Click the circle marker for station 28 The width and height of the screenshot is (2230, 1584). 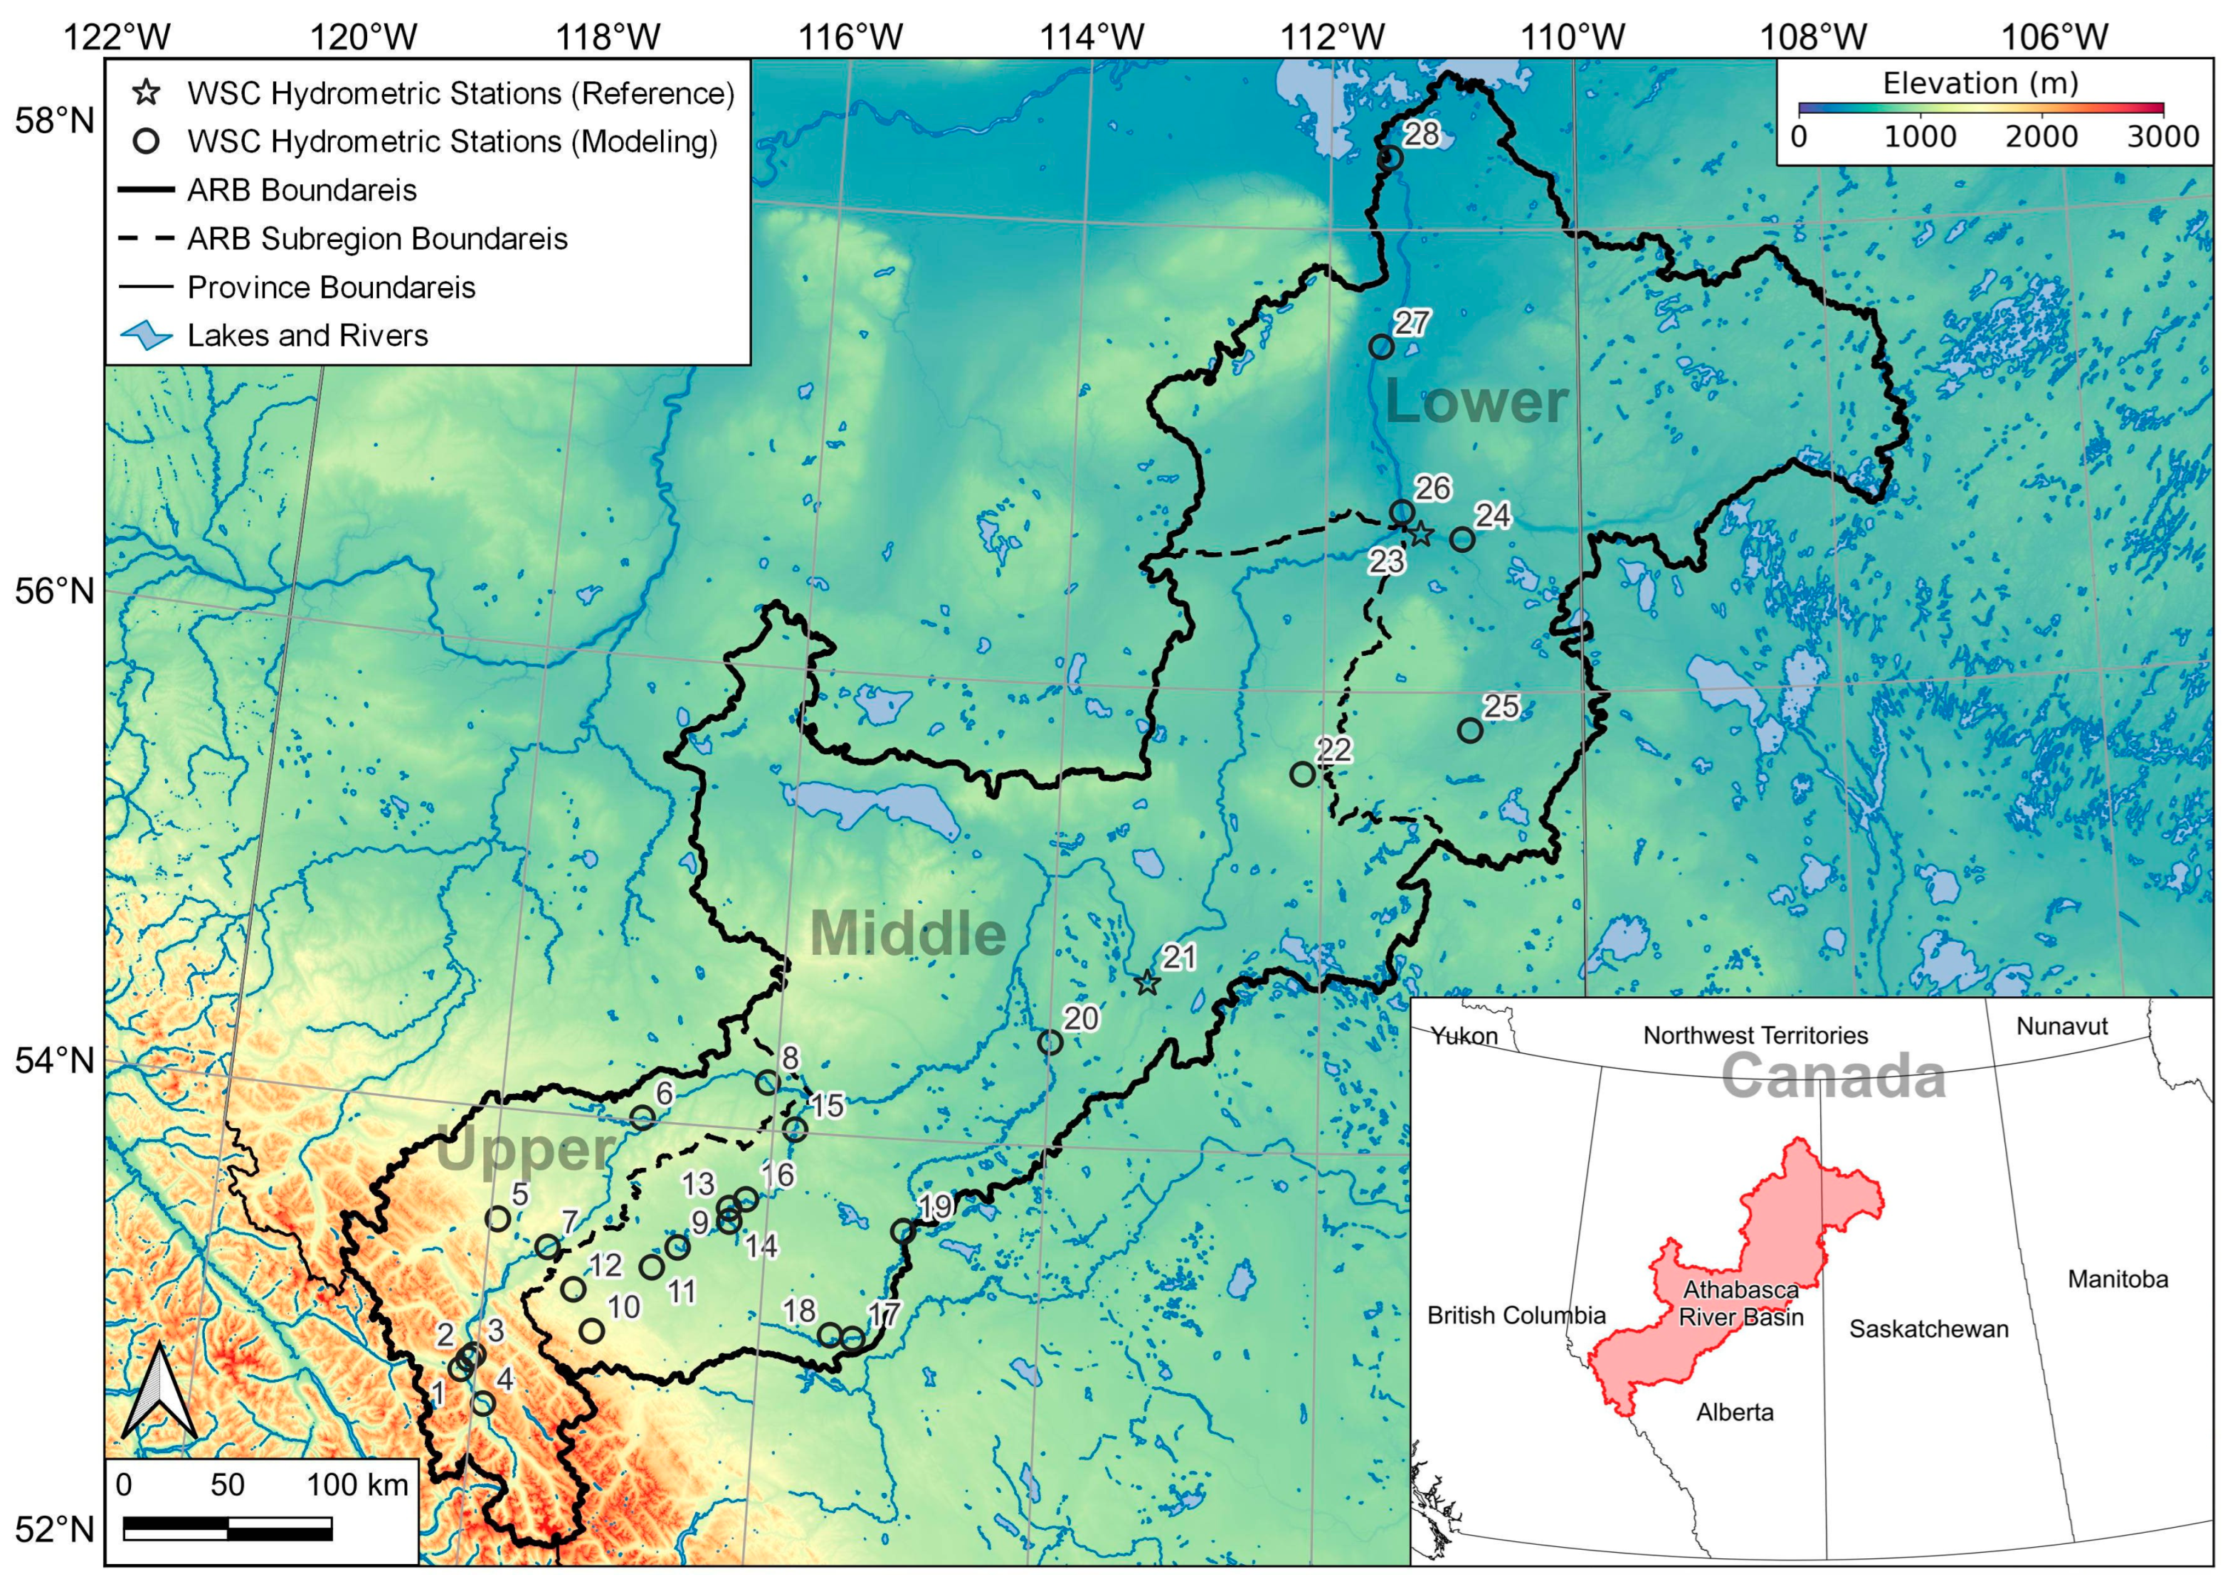click(1390, 158)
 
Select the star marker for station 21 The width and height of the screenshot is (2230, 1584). click(1147, 983)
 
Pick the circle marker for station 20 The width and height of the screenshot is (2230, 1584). click(1050, 1042)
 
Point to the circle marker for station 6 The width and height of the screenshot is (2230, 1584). click(642, 1118)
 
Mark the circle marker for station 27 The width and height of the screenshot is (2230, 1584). click(1380, 347)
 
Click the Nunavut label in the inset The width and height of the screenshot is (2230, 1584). click(2061, 1026)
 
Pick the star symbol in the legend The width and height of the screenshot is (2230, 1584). click(147, 94)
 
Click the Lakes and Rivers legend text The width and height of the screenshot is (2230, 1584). click(307, 336)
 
